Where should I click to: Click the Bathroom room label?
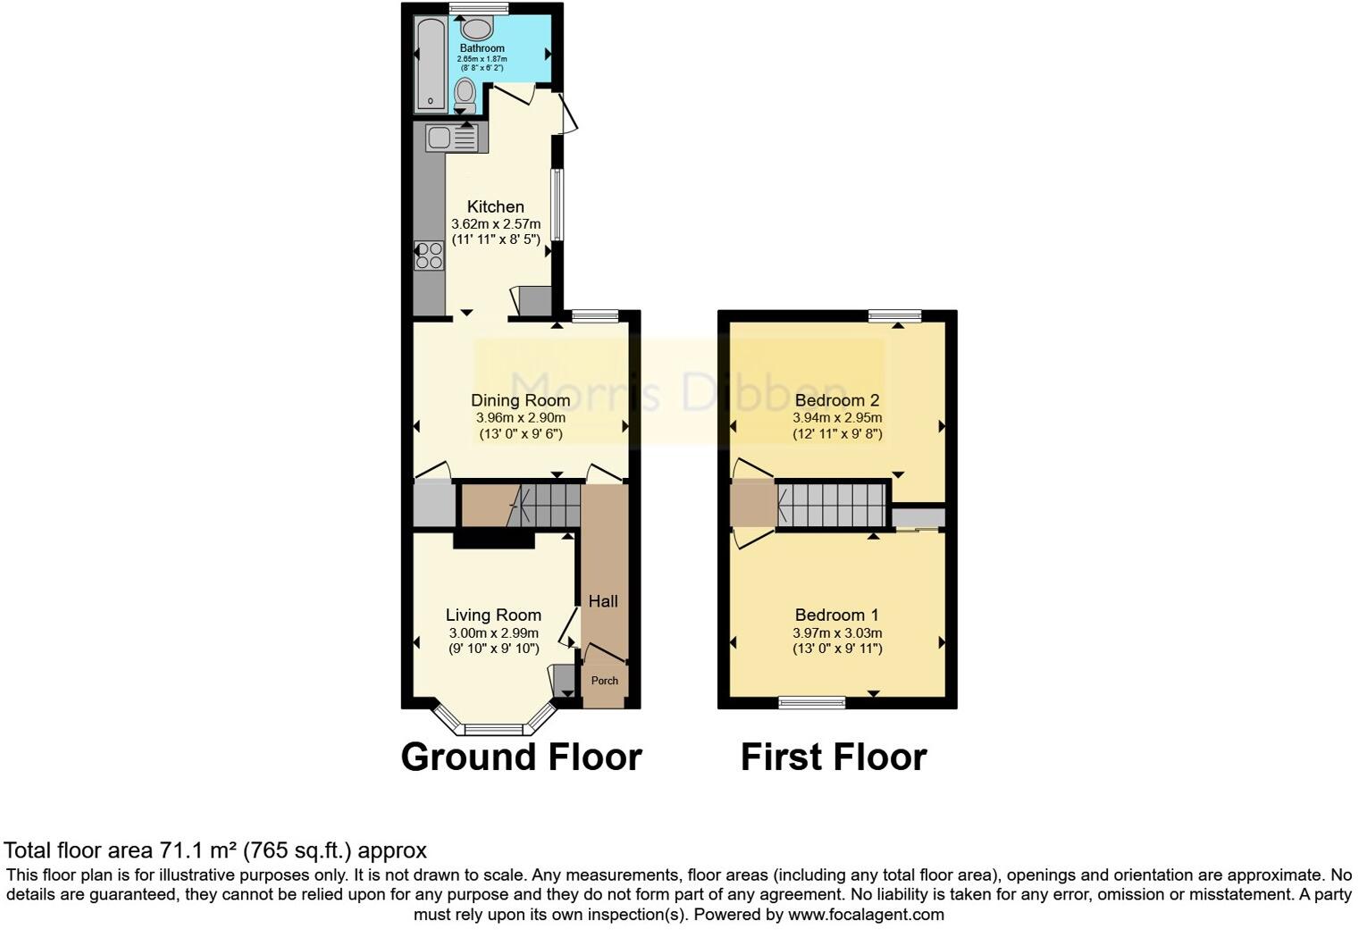pyautogui.click(x=482, y=48)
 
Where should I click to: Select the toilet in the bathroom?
pyautogui.click(x=465, y=94)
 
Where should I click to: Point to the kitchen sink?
pyautogui.click(x=452, y=138)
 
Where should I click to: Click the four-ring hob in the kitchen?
pyautogui.click(x=430, y=256)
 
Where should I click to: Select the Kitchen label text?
pyautogui.click(x=495, y=206)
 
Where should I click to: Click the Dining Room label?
pyautogui.click(x=520, y=400)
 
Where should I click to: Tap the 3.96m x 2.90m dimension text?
pyautogui.click(x=520, y=417)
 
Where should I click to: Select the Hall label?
pyautogui.click(x=603, y=601)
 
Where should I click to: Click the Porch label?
pyautogui.click(x=605, y=681)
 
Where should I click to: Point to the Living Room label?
pyautogui.click(x=493, y=615)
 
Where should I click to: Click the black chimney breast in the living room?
pyautogui.click(x=493, y=540)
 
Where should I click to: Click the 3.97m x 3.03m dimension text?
pyautogui.click(x=836, y=633)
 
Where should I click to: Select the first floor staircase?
pyautogui.click(x=832, y=507)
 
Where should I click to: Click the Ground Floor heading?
pyautogui.click(x=521, y=758)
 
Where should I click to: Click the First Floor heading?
pyautogui.click(x=833, y=758)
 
